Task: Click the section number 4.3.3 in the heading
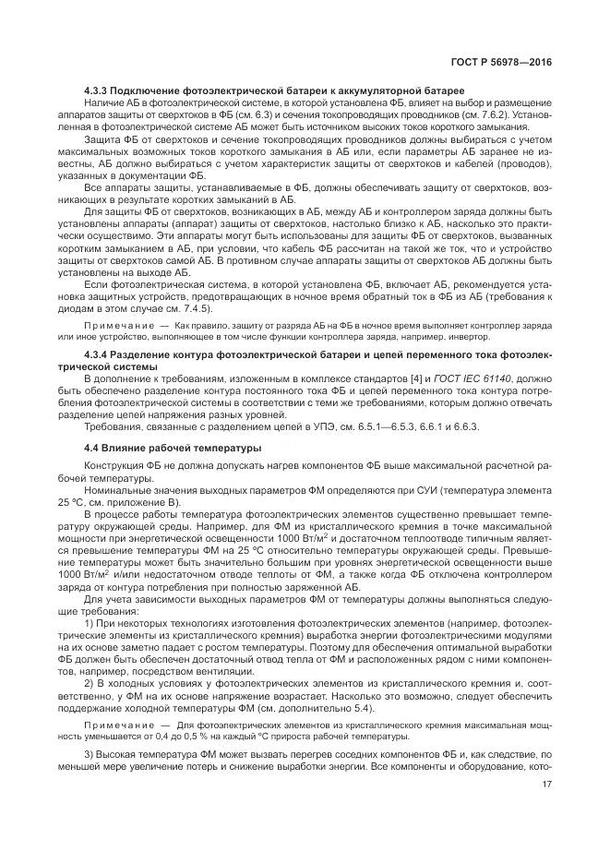97,90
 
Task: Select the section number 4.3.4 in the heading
97,354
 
